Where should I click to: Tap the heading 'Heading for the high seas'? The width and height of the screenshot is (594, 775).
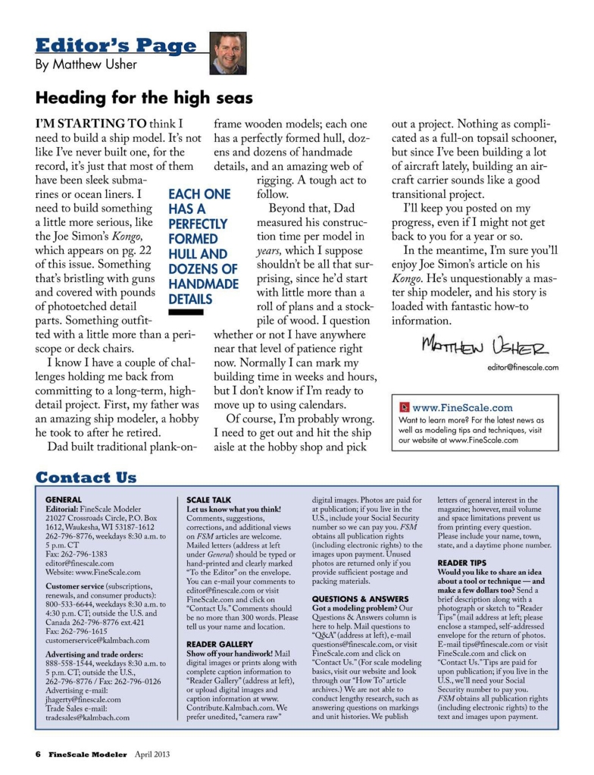tap(144, 99)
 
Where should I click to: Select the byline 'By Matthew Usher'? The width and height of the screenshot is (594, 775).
tap(84, 64)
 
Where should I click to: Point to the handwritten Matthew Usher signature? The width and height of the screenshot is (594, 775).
tap(487, 347)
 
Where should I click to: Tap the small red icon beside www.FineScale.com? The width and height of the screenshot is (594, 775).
tap(405, 408)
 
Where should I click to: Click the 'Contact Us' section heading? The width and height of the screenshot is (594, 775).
tap(86, 478)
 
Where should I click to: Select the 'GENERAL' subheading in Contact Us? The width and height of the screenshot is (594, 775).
tap(64, 500)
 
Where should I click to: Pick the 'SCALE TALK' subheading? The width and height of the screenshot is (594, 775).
tap(209, 500)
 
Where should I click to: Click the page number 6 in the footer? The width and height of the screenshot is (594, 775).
tap(37, 755)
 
